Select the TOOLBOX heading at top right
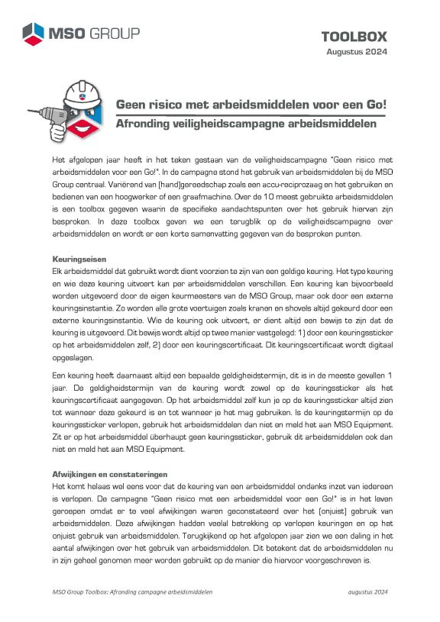tap(354, 36)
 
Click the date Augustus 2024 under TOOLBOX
tap(357, 51)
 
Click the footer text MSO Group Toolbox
tap(86, 591)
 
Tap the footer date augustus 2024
tap(368, 591)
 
